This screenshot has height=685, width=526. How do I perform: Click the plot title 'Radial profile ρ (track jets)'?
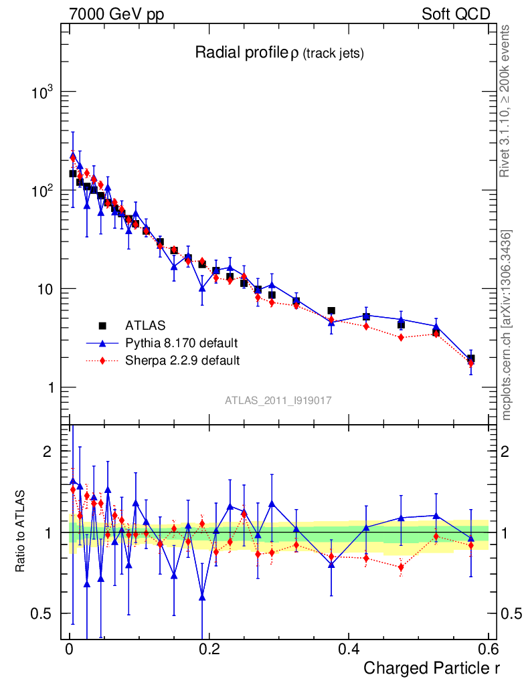tap(279, 54)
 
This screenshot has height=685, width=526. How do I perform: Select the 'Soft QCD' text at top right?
tap(456, 15)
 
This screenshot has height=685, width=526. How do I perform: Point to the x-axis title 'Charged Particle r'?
tap(432, 668)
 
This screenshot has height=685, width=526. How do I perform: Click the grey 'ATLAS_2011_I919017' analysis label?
tap(278, 401)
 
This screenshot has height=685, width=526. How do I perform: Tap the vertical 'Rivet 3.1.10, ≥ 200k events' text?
tap(506, 100)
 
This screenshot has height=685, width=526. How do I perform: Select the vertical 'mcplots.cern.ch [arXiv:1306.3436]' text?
tap(507, 325)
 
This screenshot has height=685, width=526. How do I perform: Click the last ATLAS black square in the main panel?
tap(471, 359)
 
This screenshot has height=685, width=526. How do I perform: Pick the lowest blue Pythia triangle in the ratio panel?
tap(202, 597)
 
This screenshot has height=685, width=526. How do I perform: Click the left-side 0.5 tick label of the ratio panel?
tap(44, 613)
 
